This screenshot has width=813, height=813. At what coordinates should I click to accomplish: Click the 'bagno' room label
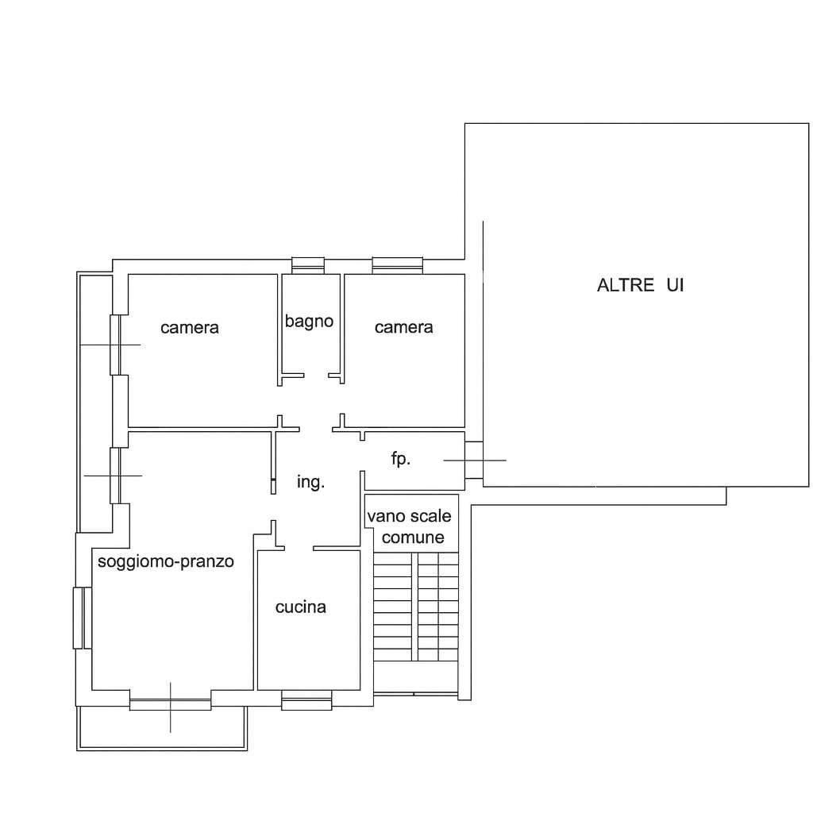click(309, 322)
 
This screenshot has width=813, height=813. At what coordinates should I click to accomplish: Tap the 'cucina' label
click(301, 607)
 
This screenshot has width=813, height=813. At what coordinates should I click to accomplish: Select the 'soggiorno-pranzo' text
click(166, 561)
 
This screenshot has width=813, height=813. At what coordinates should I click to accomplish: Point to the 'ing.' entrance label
click(310, 482)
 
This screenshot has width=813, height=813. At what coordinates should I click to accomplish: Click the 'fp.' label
click(401, 458)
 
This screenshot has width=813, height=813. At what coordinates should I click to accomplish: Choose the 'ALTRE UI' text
click(641, 285)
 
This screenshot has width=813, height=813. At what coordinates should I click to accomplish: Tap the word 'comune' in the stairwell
click(413, 538)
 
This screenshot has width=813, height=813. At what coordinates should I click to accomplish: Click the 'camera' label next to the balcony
click(190, 328)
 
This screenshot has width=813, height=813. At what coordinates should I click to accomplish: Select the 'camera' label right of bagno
click(404, 327)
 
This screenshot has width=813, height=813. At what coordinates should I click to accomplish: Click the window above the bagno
click(308, 265)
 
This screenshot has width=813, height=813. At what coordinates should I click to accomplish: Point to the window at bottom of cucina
click(306, 700)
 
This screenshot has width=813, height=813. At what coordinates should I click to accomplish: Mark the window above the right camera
click(398, 265)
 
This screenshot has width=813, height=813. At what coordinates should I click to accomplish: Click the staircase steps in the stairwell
click(416, 607)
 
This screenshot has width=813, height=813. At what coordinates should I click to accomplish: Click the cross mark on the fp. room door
click(475, 460)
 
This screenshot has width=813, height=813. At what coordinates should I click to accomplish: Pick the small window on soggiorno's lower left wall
click(83, 618)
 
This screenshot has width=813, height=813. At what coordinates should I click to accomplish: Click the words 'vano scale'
click(409, 516)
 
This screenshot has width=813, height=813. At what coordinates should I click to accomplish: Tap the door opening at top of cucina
click(299, 548)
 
